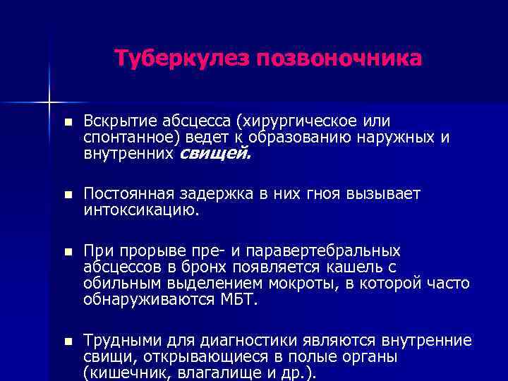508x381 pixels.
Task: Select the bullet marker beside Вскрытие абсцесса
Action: click(x=66, y=121)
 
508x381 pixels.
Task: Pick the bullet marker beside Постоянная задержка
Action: click(x=66, y=194)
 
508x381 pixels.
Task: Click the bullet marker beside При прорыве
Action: click(x=66, y=250)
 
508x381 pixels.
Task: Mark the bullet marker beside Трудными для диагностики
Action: click(x=66, y=341)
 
